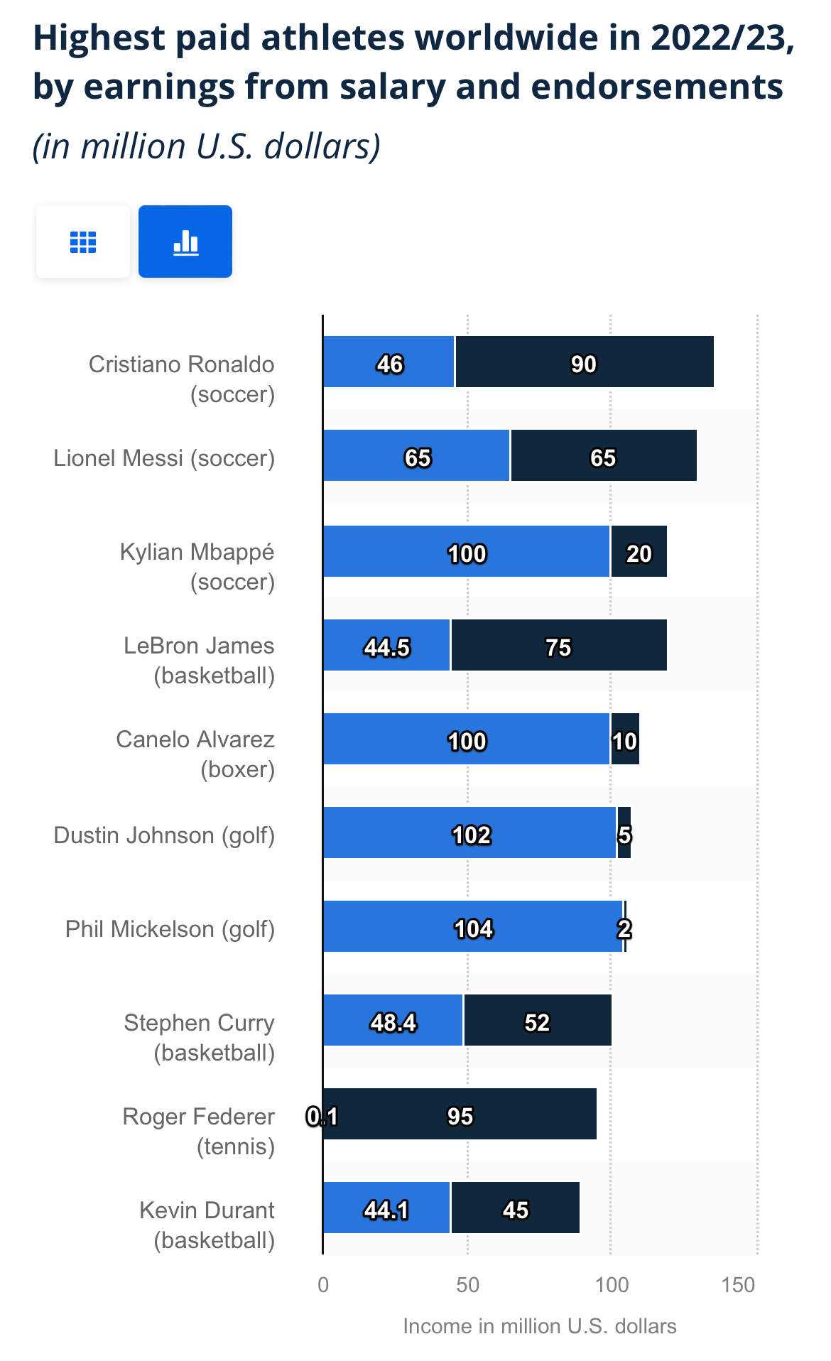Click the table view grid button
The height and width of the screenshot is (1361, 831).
[x=82, y=242]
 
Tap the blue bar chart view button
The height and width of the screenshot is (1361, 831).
[x=185, y=242]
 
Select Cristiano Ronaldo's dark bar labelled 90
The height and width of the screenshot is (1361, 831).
[x=584, y=362]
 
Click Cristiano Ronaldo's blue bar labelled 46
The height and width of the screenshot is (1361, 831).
[x=389, y=362]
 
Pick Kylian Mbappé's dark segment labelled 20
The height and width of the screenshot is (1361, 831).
[x=639, y=552]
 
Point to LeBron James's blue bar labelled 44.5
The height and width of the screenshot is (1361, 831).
[x=386, y=646]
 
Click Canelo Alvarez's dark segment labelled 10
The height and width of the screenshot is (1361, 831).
[x=625, y=739]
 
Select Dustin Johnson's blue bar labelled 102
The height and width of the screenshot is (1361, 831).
[x=469, y=833]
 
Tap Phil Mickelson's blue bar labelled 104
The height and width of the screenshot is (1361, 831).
[x=472, y=927]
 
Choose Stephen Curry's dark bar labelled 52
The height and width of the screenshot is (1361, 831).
[x=537, y=1021]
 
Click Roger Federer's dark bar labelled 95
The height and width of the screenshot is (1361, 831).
[x=460, y=1115]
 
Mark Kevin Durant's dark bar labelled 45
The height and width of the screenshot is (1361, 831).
[x=516, y=1208]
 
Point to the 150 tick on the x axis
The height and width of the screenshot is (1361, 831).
[x=738, y=1285]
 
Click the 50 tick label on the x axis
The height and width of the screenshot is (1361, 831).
[x=467, y=1285]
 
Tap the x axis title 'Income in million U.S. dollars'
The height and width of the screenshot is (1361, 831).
[x=539, y=1326]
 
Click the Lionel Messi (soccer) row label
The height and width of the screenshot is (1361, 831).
[x=164, y=458]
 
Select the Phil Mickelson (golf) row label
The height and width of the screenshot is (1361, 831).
[x=170, y=929]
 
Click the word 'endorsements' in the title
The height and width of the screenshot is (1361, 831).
[x=657, y=87]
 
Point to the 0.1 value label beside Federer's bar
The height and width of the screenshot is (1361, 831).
[x=321, y=1117]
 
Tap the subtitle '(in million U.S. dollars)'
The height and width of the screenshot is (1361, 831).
[x=207, y=146]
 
